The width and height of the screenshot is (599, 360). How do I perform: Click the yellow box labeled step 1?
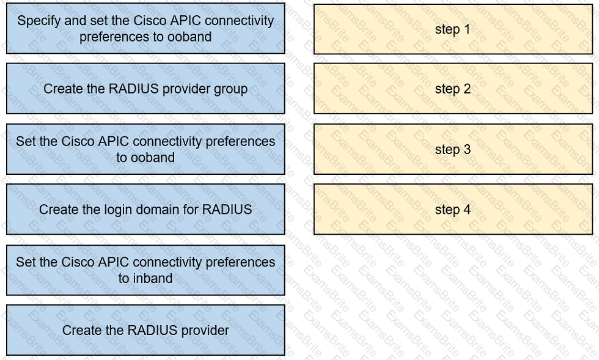(453, 29)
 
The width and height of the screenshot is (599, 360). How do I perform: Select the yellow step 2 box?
(453, 89)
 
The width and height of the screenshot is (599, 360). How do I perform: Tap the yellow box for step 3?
(453, 149)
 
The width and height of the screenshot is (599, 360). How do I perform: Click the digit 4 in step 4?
(467, 210)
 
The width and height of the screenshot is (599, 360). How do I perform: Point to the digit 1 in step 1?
(467, 29)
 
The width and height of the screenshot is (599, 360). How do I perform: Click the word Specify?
(39, 21)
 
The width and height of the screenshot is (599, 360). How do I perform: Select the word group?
(230, 89)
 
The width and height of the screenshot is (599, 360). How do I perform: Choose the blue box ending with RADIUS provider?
(145, 330)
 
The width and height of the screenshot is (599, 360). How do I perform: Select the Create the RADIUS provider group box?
(145, 89)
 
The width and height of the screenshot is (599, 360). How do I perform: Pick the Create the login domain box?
(145, 210)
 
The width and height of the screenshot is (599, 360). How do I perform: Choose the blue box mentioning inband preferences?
(145, 270)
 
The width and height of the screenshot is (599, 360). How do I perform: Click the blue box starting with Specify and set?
(145, 28)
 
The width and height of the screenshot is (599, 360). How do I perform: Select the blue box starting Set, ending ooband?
(145, 149)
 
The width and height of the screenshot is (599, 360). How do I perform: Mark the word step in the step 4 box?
(447, 210)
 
